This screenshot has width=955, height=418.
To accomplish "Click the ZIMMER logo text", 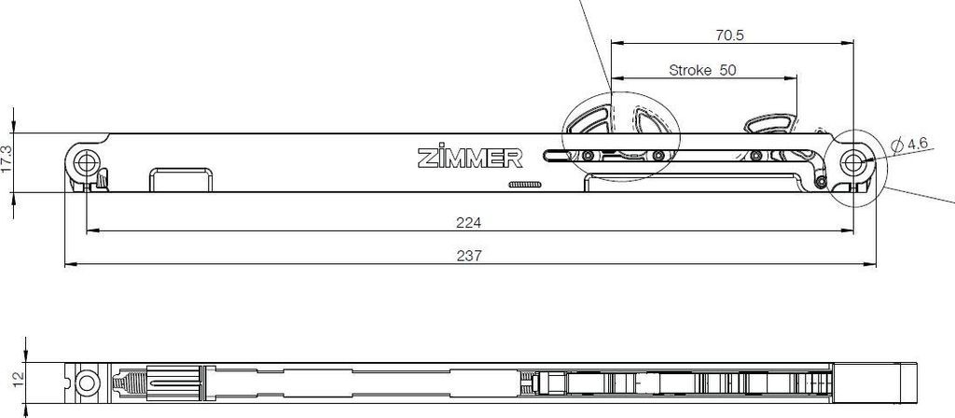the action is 470,159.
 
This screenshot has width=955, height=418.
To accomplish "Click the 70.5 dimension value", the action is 729,35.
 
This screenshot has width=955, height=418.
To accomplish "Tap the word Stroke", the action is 690,70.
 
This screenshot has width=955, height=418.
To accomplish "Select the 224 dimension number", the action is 468,222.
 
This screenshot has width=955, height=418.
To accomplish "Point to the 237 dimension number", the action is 468,256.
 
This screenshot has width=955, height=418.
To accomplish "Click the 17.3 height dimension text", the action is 7,158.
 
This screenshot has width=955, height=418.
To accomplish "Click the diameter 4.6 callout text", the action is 908,145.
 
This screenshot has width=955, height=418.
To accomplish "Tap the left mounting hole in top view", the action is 87,162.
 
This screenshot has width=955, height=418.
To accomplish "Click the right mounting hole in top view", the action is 852,162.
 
